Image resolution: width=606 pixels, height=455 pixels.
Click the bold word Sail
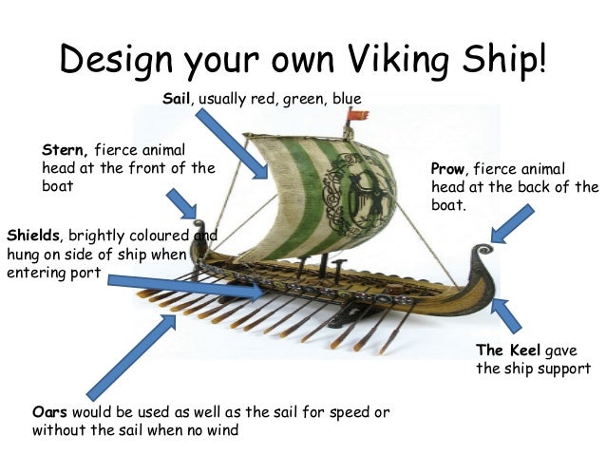point(178,98)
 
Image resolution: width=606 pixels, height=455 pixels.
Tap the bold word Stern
point(66,150)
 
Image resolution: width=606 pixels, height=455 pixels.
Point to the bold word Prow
point(448,169)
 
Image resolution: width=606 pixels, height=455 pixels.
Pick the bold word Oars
point(49,412)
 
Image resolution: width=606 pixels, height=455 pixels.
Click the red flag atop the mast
point(359,116)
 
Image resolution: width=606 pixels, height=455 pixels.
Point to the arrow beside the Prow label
point(512,223)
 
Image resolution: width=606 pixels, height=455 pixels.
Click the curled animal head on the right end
point(481,255)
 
